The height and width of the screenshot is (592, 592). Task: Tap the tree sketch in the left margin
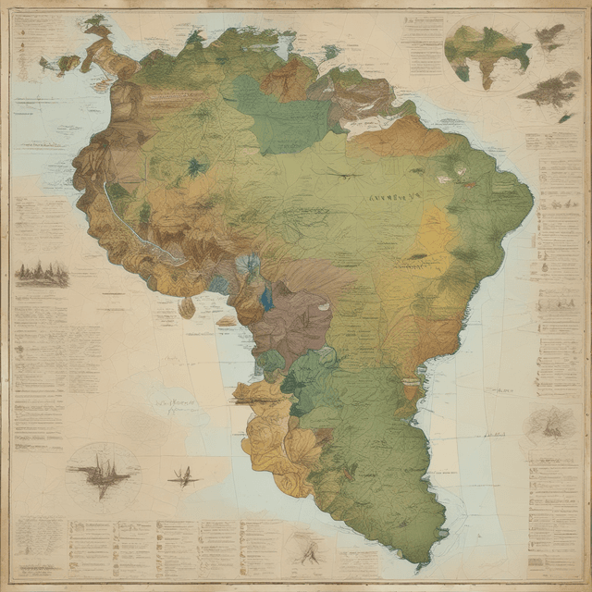point(42,273)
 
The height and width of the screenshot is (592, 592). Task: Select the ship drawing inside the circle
point(103,470)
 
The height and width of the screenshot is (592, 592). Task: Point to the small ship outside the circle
point(183,477)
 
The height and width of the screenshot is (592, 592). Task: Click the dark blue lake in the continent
point(266,298)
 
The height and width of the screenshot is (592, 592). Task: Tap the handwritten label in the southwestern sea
point(176,403)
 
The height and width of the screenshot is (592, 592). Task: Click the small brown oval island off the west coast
point(187,307)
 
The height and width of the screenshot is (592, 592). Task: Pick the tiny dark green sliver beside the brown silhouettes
point(563,117)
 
